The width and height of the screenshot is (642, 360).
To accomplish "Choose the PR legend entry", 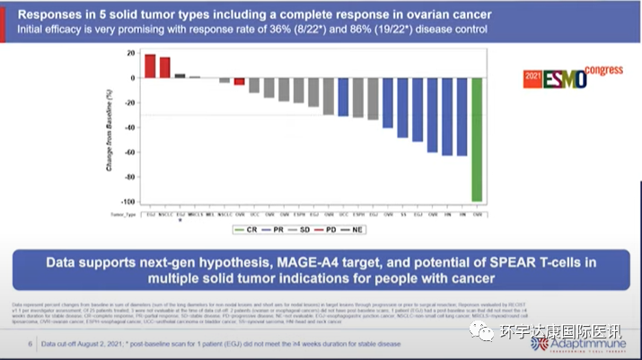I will coord(277,230).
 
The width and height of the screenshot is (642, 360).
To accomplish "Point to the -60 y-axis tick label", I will coord(132,152).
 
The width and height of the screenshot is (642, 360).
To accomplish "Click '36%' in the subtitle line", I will coord(296,30).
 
